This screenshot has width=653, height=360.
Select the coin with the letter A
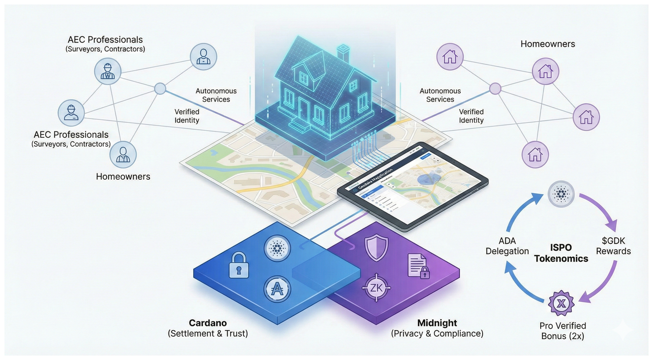pos(277,289)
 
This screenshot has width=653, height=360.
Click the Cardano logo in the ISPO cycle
pos(561,194)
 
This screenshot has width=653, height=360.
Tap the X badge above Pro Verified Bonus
pos(560,303)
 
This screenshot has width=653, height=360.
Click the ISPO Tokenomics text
pos(561,253)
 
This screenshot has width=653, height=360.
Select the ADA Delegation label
pos(507,246)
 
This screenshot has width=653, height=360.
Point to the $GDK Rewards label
pos(613,246)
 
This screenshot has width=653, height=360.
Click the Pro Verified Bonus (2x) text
pos(563,330)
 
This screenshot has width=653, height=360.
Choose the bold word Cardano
pos(208,323)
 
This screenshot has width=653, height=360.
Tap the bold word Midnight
pos(437,323)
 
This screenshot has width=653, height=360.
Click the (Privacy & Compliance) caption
pos(437,334)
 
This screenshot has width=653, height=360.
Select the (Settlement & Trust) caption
pos(208,334)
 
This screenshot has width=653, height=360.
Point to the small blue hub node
pos(160,89)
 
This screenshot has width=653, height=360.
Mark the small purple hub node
pos(495,89)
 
